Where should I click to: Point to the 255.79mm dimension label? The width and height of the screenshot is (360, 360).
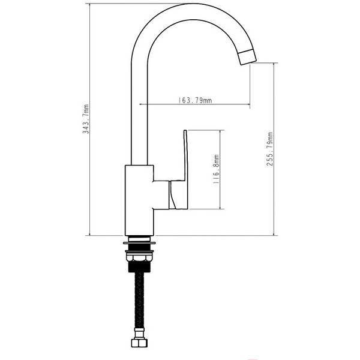click(270, 149)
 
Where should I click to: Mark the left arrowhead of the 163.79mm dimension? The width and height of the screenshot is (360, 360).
click(140, 105)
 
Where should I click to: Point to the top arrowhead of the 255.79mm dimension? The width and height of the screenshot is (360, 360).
click(275, 65)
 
